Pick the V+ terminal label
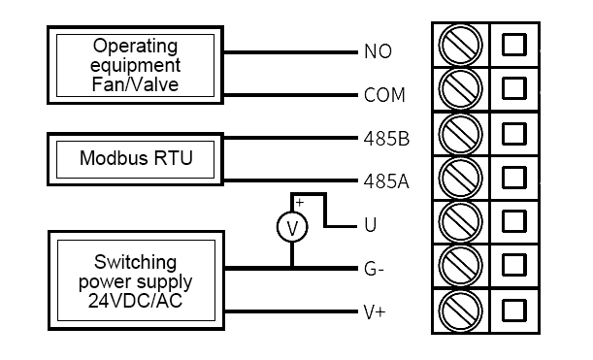coord(373,311)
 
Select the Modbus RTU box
coord(135,158)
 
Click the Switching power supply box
coord(135,279)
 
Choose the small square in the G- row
coord(514,265)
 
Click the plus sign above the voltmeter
coord(299,203)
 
